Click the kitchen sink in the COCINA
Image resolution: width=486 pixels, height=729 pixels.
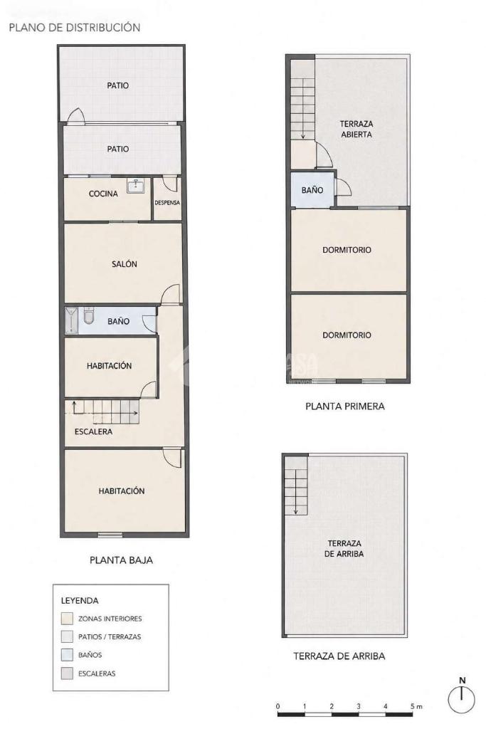[136, 186]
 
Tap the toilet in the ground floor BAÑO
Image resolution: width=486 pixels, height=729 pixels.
[89, 315]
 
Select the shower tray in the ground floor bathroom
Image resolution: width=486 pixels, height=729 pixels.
[72, 320]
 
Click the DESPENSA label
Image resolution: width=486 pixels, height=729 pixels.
[167, 203]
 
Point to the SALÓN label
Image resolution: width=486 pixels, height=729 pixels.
[124, 264]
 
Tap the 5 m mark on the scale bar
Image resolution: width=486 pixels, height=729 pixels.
[416, 707]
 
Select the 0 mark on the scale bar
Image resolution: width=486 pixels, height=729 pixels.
[278, 707]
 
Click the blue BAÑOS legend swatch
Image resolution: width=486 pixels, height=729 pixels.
[67, 655]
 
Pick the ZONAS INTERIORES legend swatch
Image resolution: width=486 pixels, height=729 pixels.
[67, 619]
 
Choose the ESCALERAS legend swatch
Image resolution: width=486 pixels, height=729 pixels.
[67, 673]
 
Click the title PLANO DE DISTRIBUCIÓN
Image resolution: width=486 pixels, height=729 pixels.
[74, 28]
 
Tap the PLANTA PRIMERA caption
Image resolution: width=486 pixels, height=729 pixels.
[344, 407]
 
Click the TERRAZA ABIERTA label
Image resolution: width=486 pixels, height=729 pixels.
[356, 130]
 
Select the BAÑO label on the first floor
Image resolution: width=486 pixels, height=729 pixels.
[312, 190]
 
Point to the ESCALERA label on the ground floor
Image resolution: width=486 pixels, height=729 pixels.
[93, 432]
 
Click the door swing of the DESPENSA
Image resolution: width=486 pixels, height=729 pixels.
[172, 184]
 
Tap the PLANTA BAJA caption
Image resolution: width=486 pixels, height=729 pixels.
[121, 560]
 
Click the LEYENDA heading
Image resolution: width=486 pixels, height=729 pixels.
[80, 601]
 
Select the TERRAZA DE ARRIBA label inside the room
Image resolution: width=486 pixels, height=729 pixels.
[344, 549]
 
